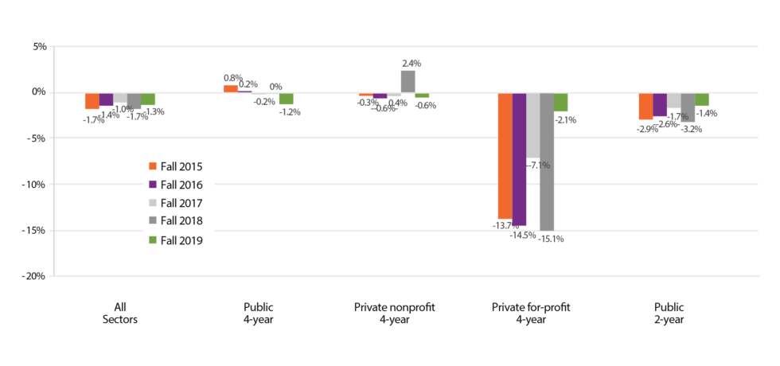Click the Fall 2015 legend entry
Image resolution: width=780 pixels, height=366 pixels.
point(175,166)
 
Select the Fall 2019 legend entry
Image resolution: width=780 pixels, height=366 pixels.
point(175,239)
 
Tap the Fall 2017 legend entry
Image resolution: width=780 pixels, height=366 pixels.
point(175,203)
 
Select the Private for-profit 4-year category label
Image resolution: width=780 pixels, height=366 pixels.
point(532,313)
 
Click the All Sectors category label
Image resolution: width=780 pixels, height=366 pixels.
point(120,313)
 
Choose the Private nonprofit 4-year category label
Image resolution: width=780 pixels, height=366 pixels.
point(394,313)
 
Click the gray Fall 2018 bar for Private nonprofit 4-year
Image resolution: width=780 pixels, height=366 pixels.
point(408,82)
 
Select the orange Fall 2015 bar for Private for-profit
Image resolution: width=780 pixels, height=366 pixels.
point(505,155)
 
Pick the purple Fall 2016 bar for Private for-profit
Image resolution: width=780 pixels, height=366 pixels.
point(519,158)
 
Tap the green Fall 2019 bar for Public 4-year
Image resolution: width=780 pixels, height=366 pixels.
point(286,98)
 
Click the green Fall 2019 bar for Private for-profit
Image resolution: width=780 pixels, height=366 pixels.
point(560,102)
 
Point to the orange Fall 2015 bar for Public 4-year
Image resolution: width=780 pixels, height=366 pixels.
point(230,88)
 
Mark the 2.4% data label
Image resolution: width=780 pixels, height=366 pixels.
point(411,63)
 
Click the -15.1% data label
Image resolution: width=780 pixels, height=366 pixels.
point(551,238)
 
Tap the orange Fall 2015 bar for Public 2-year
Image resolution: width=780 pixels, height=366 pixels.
point(645,106)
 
